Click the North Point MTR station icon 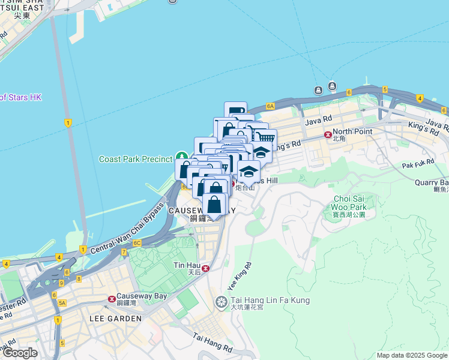pyautogui.click(x=328, y=135)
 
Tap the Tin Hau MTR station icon pyautogui.click(x=205, y=268)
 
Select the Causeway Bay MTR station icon pyautogui.click(x=112, y=299)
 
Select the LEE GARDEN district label pyautogui.click(x=115, y=319)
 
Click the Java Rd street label pyautogui.click(x=318, y=121)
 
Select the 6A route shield pyautogui.click(x=270, y=106)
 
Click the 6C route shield pyautogui.click(x=137, y=243)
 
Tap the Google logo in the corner pyautogui.click(x=20, y=353)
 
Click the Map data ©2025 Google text pyautogui.click(x=412, y=355)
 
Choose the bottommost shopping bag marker pyautogui.click(x=214, y=205)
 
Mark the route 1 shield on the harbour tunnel pyautogui.click(x=68, y=123)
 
